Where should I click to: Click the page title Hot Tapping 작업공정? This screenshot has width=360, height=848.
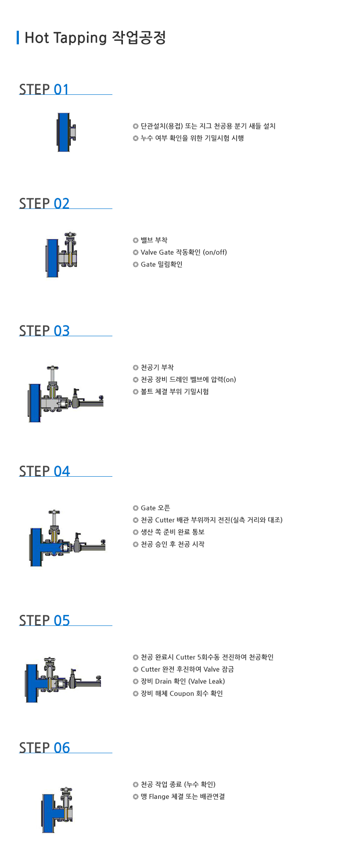click(x=95, y=38)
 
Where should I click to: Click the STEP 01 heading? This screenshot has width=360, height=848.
click(x=44, y=89)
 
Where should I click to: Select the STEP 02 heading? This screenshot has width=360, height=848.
click(x=44, y=203)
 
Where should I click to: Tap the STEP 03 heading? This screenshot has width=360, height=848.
click(x=44, y=331)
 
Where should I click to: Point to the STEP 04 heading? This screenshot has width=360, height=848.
click(x=44, y=471)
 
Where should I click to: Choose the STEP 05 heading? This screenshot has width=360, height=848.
click(x=44, y=620)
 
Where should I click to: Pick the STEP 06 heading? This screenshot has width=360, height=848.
click(x=44, y=747)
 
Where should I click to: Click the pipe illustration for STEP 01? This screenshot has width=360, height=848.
click(x=66, y=132)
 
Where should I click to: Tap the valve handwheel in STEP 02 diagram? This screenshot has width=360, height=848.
click(x=70, y=235)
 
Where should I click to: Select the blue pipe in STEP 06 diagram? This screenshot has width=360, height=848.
click(x=49, y=812)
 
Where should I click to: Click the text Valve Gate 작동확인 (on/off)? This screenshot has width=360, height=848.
click(x=184, y=252)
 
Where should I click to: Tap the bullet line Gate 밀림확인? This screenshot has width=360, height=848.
click(x=162, y=264)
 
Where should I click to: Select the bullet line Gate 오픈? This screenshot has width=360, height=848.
click(x=155, y=508)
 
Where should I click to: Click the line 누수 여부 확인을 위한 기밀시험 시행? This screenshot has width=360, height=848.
click(x=192, y=138)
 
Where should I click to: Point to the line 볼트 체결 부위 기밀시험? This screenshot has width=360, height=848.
click(x=175, y=392)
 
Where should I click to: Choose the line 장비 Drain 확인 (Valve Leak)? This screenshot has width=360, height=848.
click(x=183, y=681)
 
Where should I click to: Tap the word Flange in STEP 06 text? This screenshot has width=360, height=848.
click(x=159, y=797)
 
